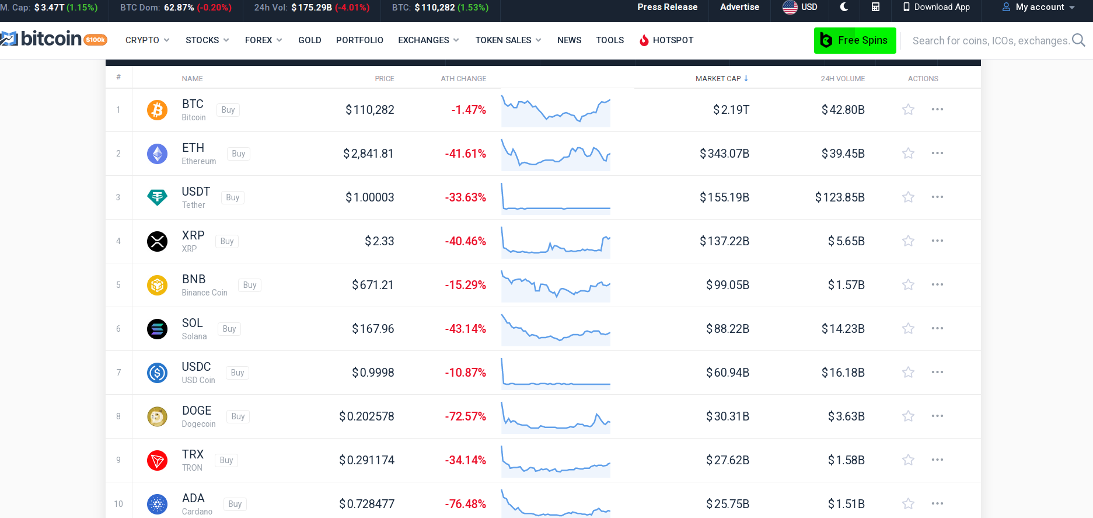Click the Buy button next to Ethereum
238,154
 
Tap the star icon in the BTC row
908,109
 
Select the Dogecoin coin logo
157,416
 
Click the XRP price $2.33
379,241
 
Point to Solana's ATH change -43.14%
465,329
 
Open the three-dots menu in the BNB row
937,284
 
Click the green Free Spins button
854,40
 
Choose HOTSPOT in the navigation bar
666,40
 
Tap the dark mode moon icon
844,7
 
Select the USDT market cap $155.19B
724,197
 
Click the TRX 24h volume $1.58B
846,460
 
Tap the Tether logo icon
157,197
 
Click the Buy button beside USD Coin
238,373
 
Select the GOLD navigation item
309,40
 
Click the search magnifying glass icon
1078,40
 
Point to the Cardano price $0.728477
366,504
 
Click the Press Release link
667,7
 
